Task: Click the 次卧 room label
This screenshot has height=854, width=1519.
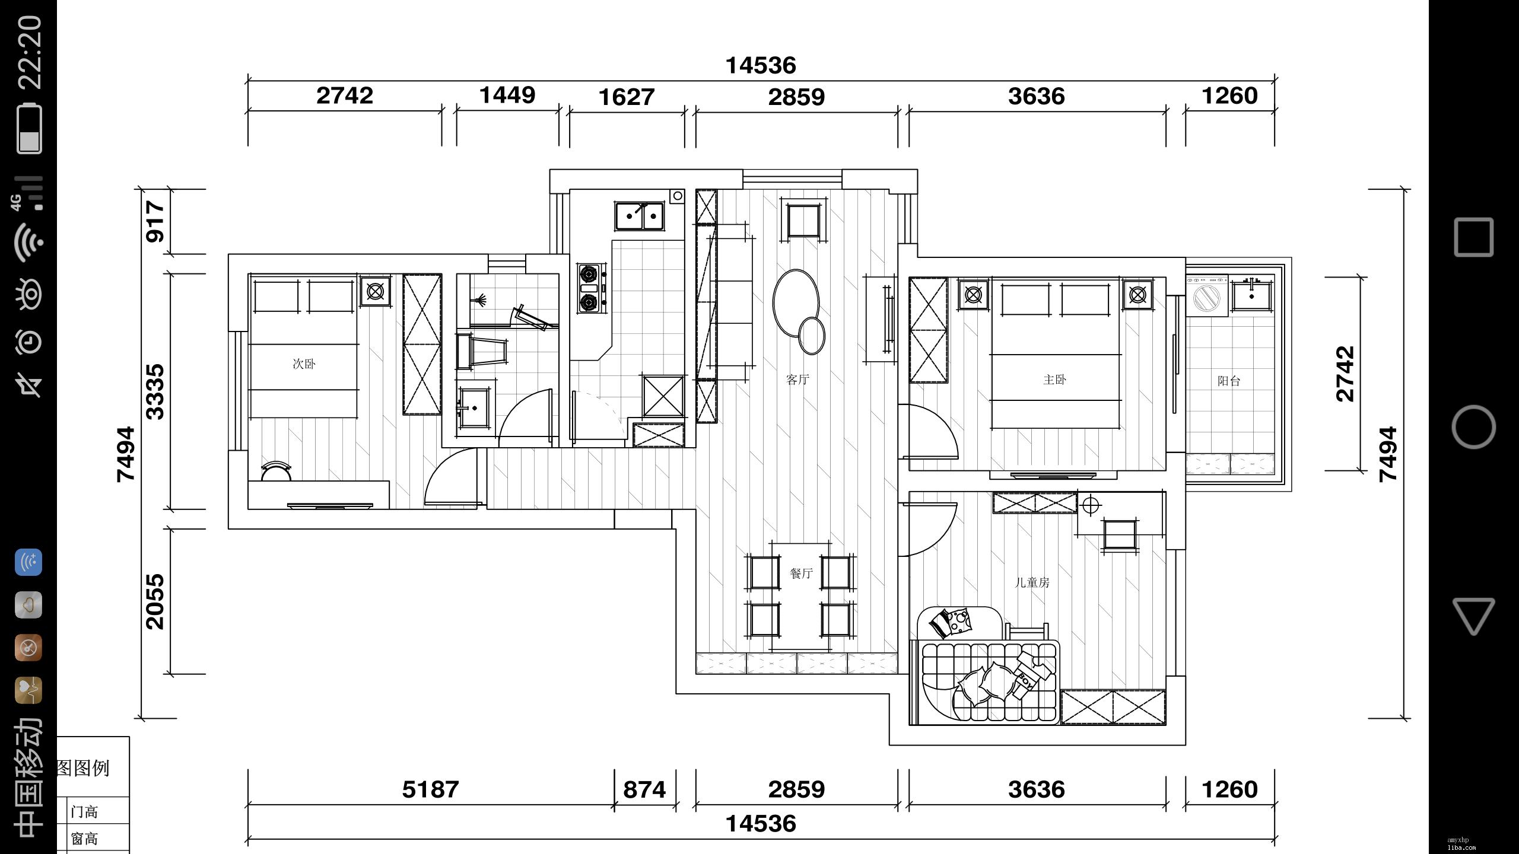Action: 304,364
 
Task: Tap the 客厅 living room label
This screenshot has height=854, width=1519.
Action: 797,380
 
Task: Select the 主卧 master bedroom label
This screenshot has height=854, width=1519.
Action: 1054,380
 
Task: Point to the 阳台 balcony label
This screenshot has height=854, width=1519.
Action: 1229,381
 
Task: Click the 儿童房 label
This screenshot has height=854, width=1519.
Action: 1032,582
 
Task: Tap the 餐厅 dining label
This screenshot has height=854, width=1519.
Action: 801,573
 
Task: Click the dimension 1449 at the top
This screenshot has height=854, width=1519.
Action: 507,95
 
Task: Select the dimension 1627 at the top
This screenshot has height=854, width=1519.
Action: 627,97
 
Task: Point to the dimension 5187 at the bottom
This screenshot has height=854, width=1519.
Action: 431,789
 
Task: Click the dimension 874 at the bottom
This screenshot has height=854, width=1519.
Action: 644,789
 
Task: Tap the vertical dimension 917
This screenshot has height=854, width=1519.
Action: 155,221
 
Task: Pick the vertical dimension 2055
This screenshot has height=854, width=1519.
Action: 155,601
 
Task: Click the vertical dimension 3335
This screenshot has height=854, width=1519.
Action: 155,392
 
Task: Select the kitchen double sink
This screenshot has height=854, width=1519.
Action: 639,216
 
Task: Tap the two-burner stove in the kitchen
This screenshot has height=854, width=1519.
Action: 590,288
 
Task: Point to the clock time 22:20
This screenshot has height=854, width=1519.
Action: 30,53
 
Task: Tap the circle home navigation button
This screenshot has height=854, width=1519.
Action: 1473,427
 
